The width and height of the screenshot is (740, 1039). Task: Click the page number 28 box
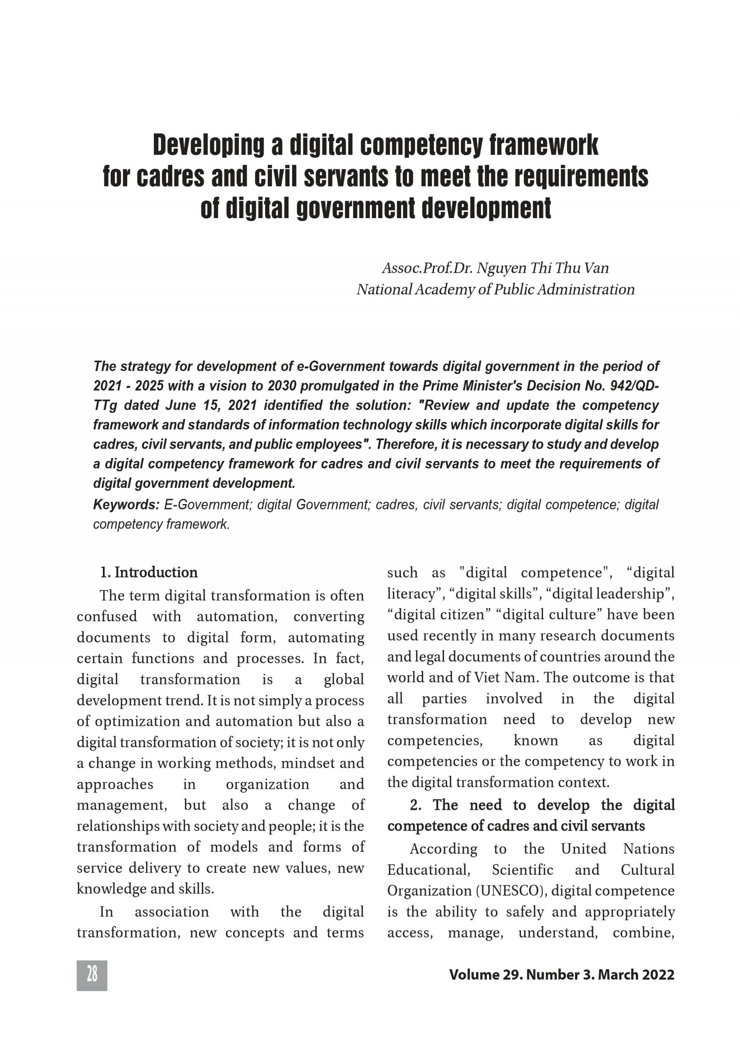pos(92,974)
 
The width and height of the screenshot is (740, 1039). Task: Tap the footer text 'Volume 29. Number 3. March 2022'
pos(562,975)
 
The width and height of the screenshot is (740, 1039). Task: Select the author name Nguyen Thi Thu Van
pos(542,268)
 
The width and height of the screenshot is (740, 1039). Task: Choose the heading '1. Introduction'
pos(148,573)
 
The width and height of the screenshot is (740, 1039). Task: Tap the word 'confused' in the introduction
pos(107,617)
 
